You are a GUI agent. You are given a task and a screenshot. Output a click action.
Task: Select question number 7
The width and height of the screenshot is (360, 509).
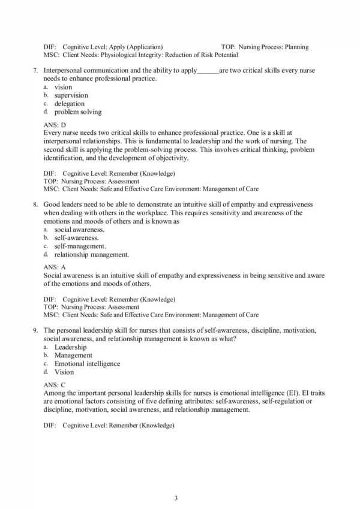[x=35, y=71]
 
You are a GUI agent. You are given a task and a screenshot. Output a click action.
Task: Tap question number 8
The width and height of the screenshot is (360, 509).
[x=35, y=204]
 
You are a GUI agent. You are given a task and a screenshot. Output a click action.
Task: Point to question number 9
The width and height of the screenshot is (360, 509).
[x=35, y=330]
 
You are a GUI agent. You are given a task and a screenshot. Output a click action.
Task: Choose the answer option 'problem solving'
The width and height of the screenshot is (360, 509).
[x=78, y=112]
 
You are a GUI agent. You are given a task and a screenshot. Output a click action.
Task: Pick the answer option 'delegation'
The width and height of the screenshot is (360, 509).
[x=70, y=103]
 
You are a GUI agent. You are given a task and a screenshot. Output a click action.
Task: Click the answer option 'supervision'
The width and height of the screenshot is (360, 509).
[x=71, y=95]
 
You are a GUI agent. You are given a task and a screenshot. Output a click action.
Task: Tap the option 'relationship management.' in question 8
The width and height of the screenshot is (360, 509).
[x=91, y=254]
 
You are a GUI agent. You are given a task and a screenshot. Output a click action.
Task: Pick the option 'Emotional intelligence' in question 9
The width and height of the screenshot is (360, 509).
[x=87, y=363]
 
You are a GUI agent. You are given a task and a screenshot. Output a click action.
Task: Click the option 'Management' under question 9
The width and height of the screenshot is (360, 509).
[x=73, y=355]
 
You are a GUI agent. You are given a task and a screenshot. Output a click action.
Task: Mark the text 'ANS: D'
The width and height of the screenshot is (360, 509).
[x=55, y=124]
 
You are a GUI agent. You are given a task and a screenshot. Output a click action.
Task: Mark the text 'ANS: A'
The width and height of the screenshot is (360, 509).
[x=55, y=267]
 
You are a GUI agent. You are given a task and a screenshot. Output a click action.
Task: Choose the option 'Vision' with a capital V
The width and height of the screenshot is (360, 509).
[x=64, y=372]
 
